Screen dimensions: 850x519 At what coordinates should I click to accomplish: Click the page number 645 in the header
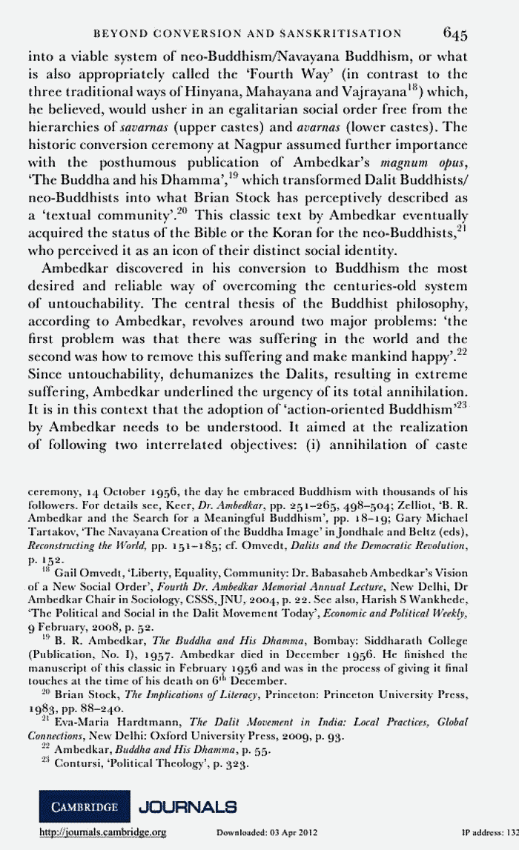(x=455, y=33)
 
